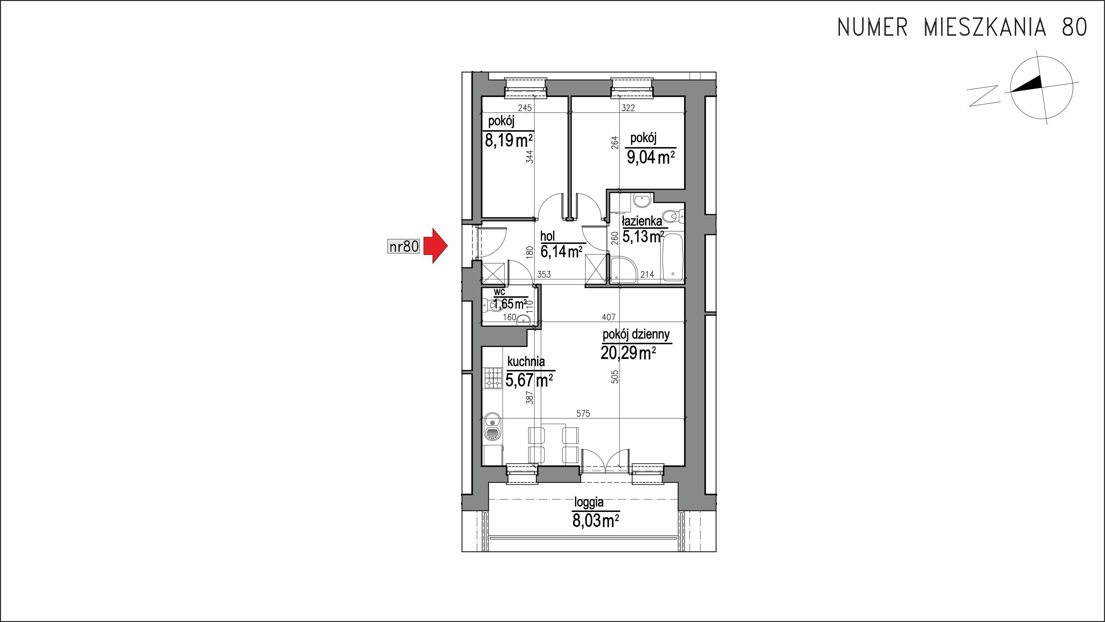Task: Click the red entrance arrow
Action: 435,246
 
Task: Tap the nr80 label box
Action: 403,247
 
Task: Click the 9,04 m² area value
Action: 651,158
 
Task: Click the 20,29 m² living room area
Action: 628,353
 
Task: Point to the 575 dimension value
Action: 583,414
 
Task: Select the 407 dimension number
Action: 609,317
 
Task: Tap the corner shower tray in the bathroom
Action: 621,270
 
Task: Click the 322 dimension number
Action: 628,108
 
